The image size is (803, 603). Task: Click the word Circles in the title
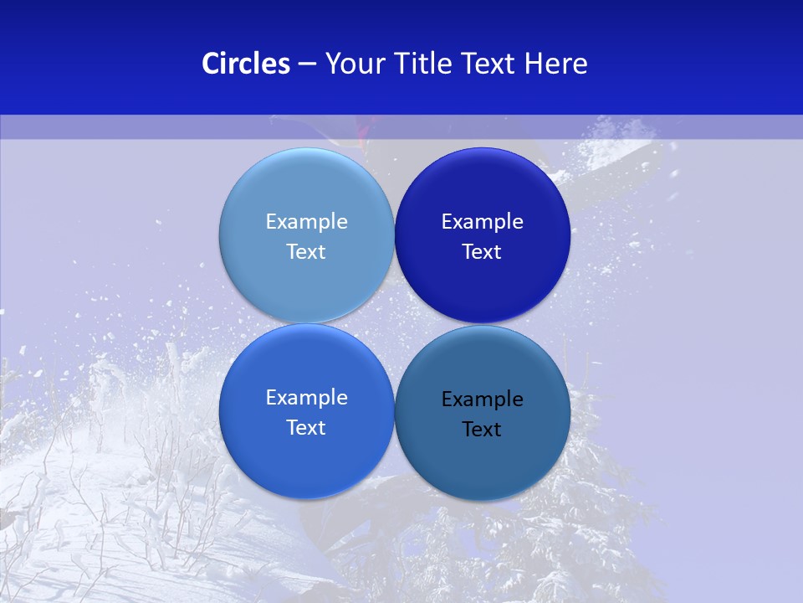[x=245, y=64]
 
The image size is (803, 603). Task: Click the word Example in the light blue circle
[x=306, y=222]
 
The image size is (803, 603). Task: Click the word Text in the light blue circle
[x=306, y=252]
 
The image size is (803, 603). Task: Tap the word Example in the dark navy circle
[x=482, y=222]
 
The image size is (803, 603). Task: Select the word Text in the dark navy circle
[x=482, y=252]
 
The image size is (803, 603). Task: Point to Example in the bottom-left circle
[x=306, y=398]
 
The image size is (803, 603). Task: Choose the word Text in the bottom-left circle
[x=306, y=428]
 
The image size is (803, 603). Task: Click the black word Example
[x=482, y=399]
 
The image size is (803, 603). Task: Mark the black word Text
[x=482, y=430]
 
